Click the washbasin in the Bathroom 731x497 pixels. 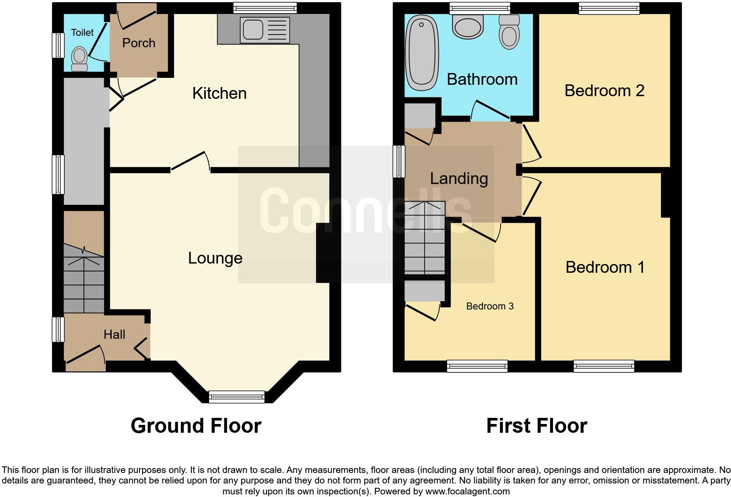click(x=468, y=27)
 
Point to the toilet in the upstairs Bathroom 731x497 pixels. click(x=509, y=32)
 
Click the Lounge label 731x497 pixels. click(x=215, y=258)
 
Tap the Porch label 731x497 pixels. click(x=139, y=43)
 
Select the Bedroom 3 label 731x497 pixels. click(x=490, y=306)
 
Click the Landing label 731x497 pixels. click(x=459, y=178)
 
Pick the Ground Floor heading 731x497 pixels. click(x=196, y=425)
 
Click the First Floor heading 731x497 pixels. click(x=536, y=425)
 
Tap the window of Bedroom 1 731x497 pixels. click(x=603, y=366)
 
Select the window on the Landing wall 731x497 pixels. click(x=398, y=161)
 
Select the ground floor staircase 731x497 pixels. click(x=84, y=280)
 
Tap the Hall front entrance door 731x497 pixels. click(x=85, y=354)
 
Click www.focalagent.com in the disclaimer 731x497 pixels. click(x=467, y=491)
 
